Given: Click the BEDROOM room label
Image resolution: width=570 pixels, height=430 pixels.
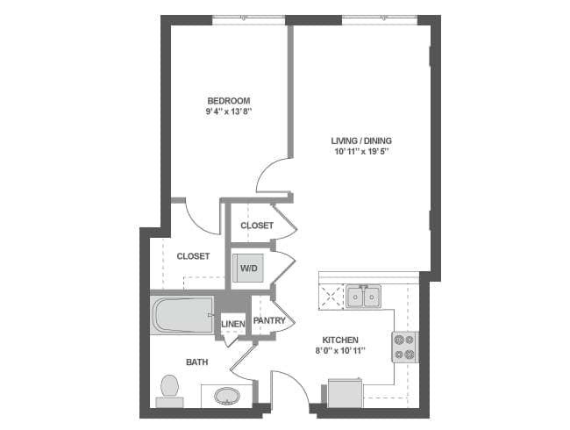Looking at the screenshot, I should pos(228,100).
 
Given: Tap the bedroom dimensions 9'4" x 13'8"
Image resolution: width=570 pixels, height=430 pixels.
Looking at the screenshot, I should pos(228,112).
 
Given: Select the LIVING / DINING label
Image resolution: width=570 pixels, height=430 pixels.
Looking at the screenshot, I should pos(360,140).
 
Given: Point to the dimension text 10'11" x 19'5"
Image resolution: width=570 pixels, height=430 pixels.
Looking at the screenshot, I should pos(360,152).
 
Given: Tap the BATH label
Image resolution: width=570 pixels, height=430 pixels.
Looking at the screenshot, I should pos(196,362).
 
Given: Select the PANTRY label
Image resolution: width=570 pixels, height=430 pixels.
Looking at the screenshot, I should pos(269,321).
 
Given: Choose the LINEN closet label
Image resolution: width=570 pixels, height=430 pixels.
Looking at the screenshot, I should pos(233,325).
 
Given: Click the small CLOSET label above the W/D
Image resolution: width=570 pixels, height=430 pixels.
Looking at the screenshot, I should pos(256,226).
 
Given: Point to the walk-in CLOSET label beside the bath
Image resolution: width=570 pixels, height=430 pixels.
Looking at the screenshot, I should pos(193,256).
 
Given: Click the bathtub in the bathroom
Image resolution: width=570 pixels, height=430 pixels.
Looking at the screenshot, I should pos(182,315).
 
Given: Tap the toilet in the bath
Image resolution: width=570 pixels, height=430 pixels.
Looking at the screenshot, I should pos(169,389).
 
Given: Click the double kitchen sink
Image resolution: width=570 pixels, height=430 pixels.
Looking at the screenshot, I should pos(362,297).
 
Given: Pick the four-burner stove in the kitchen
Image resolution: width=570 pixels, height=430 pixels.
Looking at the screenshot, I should pos(404,347).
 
